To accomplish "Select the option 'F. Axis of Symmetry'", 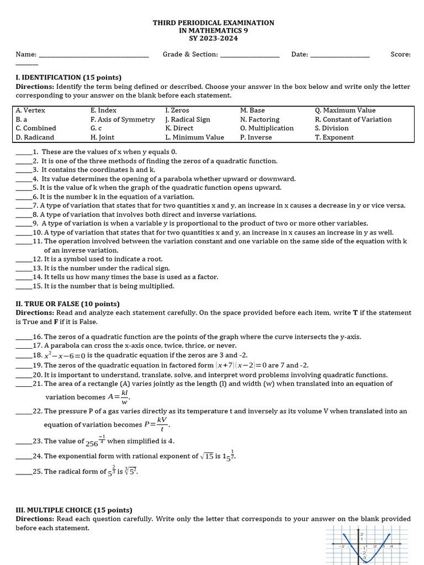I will click(x=123, y=119).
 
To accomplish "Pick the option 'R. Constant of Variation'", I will click(x=353, y=119).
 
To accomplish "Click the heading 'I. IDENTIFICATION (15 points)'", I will click(x=68, y=77).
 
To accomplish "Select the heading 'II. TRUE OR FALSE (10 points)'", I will click(x=67, y=304).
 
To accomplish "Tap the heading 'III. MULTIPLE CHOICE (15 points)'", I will click(x=74, y=510).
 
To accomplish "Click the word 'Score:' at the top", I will click(x=400, y=55).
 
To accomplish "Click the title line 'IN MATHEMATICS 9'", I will click(x=213, y=31).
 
